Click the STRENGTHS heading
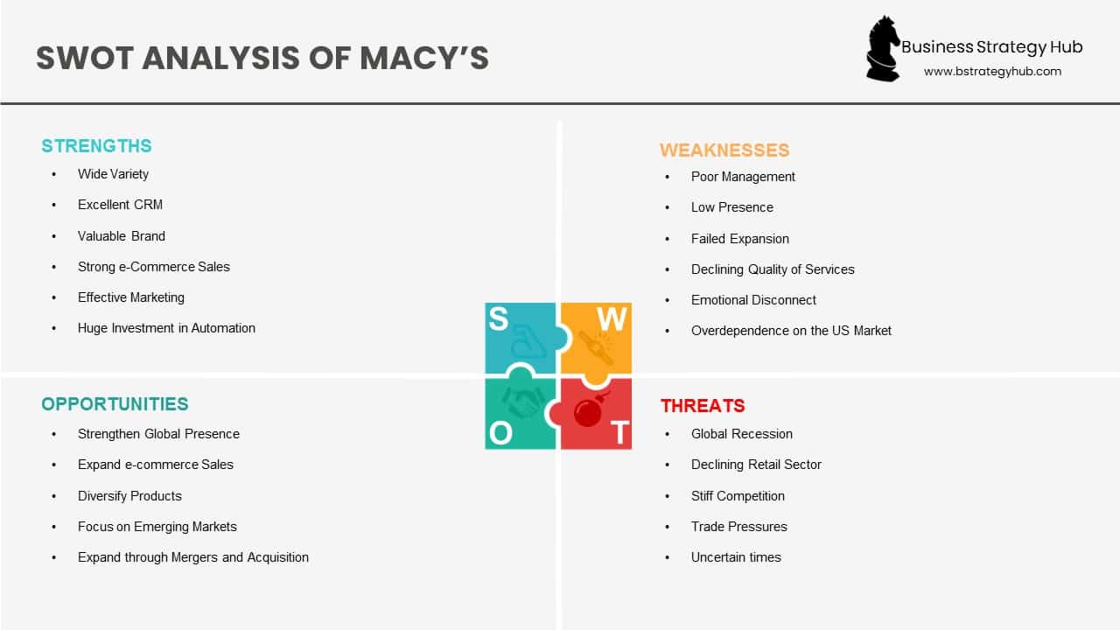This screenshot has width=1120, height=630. (96, 146)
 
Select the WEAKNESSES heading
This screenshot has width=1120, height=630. (724, 150)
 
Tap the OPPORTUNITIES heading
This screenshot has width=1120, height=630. (115, 404)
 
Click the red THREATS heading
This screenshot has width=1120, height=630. (703, 406)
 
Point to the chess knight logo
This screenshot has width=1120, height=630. (883, 49)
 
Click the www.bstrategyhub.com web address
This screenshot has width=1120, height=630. (992, 72)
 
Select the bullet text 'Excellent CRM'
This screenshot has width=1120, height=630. (120, 205)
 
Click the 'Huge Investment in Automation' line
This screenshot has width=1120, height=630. (166, 328)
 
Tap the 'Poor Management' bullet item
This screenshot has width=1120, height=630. (743, 177)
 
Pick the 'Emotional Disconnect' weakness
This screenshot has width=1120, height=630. (753, 300)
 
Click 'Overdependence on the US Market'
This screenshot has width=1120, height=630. (791, 331)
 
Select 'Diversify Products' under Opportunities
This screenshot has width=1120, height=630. (129, 496)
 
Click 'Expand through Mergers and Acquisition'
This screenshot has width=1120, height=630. (192, 557)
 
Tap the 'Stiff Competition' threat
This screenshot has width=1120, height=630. (738, 496)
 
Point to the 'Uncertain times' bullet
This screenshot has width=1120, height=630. (736, 557)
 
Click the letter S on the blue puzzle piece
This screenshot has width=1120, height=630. (498, 319)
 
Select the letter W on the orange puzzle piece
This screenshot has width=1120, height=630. (612, 320)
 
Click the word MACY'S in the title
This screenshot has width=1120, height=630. (424, 59)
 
